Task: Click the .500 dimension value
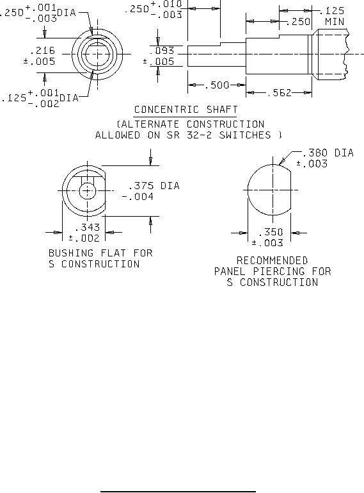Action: [217, 85]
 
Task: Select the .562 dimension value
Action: [279, 93]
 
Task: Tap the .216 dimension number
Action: [42, 50]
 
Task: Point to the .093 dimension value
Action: [162, 50]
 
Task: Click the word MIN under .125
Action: [335, 22]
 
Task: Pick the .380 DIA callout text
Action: [328, 153]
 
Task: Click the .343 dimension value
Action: [87, 227]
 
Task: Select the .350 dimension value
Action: [271, 232]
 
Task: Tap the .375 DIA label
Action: [154, 186]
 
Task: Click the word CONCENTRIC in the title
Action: [166, 110]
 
